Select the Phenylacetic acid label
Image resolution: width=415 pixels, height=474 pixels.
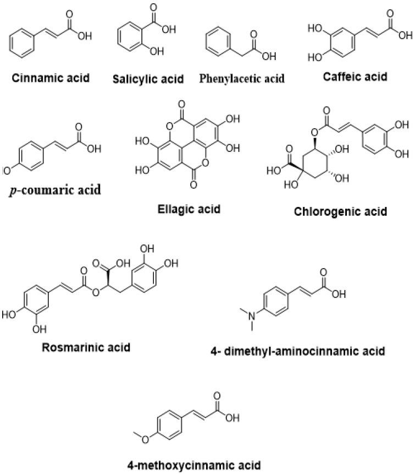(242, 79)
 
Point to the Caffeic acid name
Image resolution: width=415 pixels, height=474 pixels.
(354, 77)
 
